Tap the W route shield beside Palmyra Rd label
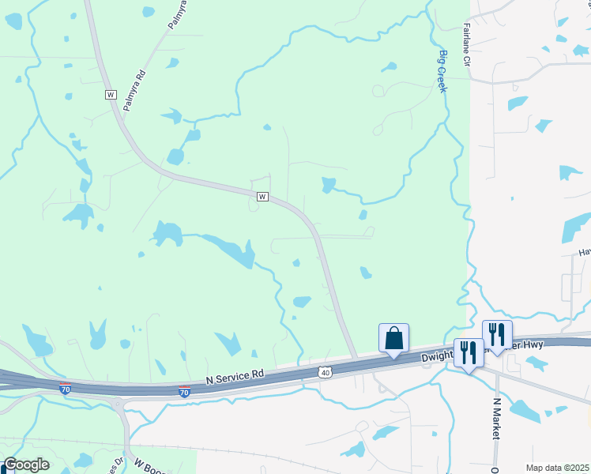[111, 94]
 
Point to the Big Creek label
[443, 72]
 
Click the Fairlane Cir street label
[466, 44]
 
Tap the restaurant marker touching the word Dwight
[469, 353]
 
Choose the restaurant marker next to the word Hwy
[497, 335]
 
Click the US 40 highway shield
[325, 371]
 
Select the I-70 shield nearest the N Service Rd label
[184, 391]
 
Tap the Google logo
[26, 465]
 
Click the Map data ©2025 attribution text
[558, 468]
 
